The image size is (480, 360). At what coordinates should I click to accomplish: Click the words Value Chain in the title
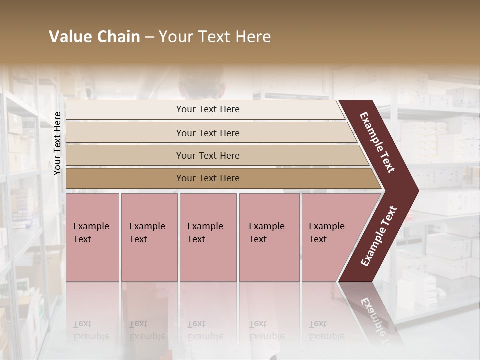[x=94, y=37]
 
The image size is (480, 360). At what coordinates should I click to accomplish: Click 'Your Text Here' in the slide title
[x=215, y=37]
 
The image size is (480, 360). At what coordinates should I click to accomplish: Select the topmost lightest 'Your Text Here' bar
[x=207, y=109]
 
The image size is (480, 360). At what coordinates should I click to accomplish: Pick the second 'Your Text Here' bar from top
[x=207, y=133]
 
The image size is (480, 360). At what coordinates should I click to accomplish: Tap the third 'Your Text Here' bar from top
[x=207, y=155]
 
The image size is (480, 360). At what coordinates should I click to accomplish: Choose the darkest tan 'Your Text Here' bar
[x=207, y=178]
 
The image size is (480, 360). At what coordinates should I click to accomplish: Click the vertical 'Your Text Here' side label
[x=57, y=143]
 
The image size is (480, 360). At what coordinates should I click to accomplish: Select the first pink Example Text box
[x=92, y=237]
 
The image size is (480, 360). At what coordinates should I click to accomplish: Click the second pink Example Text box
[x=149, y=237]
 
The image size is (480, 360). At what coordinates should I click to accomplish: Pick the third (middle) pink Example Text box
[x=208, y=237]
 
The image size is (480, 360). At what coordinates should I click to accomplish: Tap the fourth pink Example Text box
[x=269, y=237]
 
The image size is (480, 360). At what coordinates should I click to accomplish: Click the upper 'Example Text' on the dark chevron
[x=378, y=142]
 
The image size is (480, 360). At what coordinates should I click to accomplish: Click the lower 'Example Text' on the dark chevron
[x=379, y=236]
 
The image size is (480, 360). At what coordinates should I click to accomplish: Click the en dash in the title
[x=149, y=37]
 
